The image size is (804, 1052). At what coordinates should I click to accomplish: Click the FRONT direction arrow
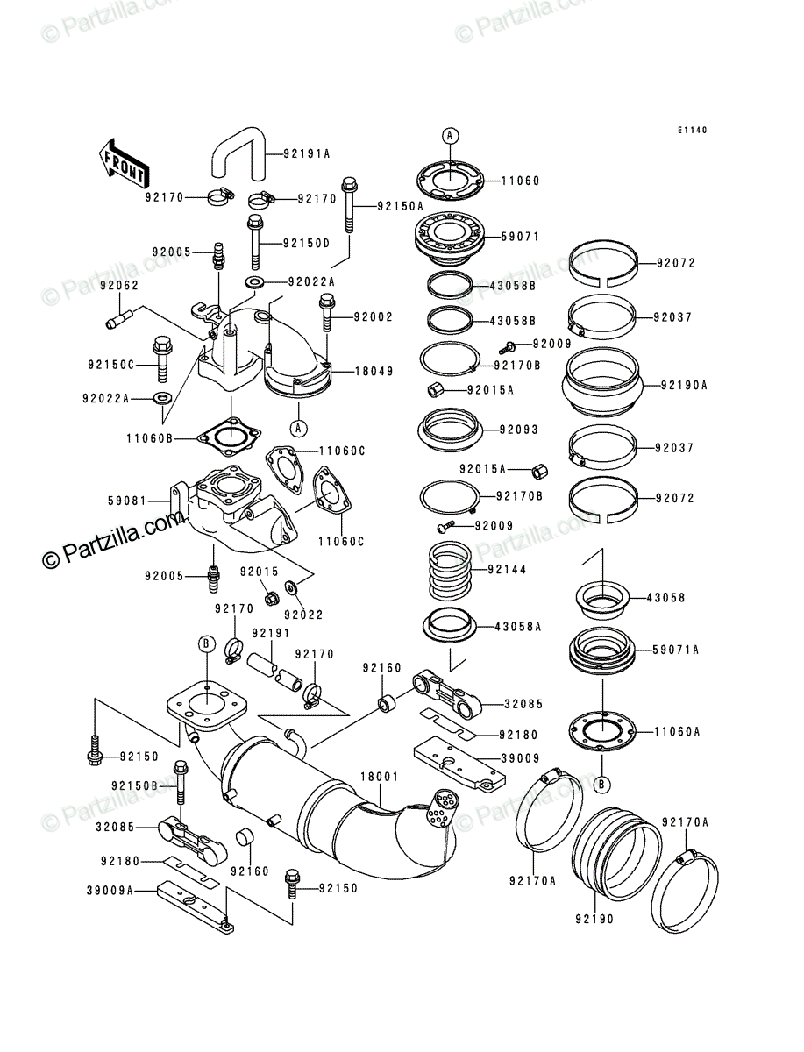(x=124, y=163)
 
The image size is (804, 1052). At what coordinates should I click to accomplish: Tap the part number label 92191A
(x=307, y=153)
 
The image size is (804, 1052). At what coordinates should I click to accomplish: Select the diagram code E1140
(x=692, y=131)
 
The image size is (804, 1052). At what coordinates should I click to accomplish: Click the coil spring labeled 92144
(x=450, y=571)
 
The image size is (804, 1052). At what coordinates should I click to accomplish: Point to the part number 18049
(x=374, y=372)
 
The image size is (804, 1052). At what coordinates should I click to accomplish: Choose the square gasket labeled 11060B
(x=230, y=437)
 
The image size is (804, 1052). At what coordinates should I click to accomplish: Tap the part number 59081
(x=127, y=501)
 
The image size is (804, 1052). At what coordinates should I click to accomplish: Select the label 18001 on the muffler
(x=380, y=777)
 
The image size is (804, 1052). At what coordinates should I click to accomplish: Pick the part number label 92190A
(x=684, y=386)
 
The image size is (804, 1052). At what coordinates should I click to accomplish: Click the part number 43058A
(x=517, y=627)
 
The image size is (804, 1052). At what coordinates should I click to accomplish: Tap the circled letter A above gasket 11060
(x=450, y=136)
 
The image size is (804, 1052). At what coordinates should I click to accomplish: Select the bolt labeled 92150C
(x=162, y=359)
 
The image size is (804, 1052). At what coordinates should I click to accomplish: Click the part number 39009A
(x=110, y=891)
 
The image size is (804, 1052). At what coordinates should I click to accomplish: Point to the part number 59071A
(x=675, y=650)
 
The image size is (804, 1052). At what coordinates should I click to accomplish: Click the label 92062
(x=119, y=285)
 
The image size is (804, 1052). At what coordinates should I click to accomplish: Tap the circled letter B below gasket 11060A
(x=602, y=784)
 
